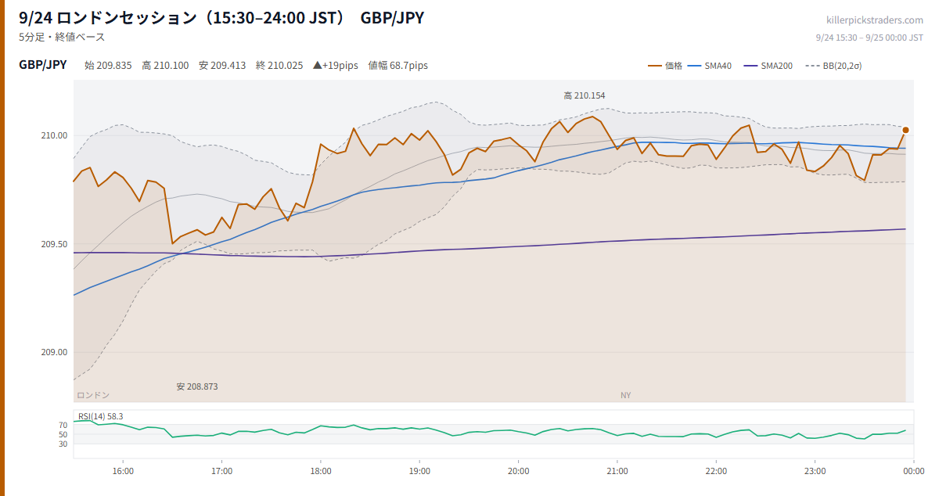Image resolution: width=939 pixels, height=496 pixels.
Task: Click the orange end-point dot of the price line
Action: [905, 131]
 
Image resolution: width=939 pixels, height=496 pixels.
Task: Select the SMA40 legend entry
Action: [710, 66]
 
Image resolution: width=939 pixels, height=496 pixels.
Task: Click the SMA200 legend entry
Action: [768, 66]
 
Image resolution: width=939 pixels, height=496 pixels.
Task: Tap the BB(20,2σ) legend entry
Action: [833, 66]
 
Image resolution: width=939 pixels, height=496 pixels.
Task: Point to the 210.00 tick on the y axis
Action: [54, 135]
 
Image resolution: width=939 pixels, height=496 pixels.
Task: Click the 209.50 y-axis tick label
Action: [54, 244]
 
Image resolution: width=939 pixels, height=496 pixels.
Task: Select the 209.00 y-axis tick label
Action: [54, 352]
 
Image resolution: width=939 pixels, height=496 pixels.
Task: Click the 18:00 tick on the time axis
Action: [321, 471]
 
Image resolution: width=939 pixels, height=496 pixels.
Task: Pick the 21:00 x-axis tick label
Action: [617, 471]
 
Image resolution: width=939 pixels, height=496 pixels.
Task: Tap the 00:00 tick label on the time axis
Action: [913, 471]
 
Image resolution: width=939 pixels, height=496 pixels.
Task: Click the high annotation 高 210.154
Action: [585, 95]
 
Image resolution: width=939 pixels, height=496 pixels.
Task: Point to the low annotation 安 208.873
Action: [197, 386]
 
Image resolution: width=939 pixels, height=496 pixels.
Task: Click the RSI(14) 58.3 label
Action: [101, 416]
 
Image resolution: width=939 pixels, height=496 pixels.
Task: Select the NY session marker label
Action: [625, 395]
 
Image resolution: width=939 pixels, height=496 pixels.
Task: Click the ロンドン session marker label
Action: [93, 395]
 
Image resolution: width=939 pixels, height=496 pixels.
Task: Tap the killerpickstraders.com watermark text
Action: [875, 20]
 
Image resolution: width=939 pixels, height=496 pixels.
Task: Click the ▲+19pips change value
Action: [336, 66]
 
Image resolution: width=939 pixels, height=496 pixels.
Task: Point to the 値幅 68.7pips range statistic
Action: [398, 66]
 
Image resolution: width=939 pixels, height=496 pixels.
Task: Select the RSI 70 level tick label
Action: [63, 425]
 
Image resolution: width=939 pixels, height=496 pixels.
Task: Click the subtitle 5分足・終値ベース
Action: [62, 37]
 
